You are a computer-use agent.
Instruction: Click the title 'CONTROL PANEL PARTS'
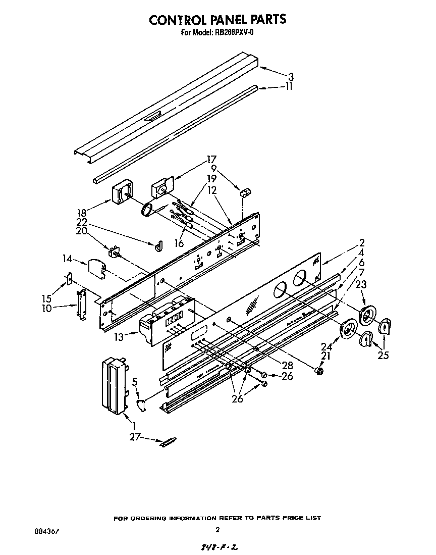click(217, 19)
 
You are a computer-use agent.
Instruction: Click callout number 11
click(289, 87)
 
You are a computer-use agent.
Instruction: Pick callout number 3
click(291, 77)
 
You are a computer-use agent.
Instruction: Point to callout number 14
click(67, 260)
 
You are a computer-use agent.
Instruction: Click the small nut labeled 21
click(318, 371)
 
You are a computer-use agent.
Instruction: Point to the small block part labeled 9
click(245, 192)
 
